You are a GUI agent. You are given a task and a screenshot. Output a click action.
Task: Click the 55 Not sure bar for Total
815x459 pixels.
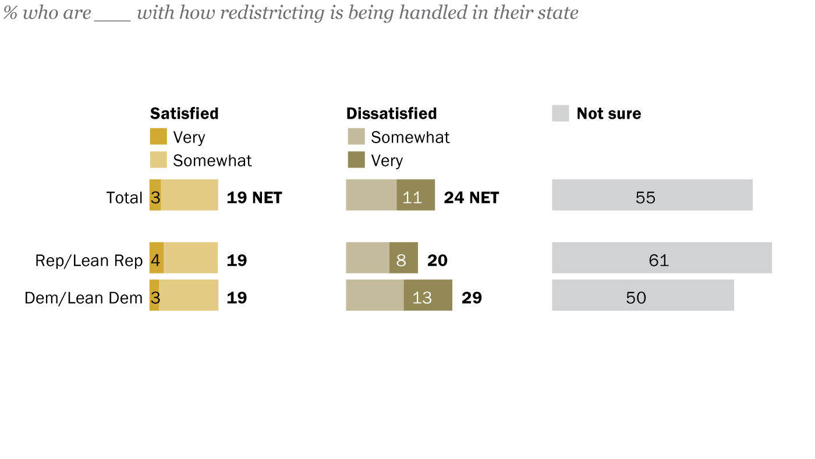(x=652, y=195)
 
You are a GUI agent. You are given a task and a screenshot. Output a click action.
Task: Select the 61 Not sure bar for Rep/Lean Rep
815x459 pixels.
(x=661, y=258)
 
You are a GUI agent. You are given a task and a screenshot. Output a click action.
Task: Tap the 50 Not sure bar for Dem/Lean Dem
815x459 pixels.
(x=643, y=295)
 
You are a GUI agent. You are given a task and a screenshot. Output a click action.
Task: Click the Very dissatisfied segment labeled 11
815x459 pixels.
(x=416, y=195)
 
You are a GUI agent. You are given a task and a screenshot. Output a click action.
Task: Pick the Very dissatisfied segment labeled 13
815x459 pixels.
(x=428, y=295)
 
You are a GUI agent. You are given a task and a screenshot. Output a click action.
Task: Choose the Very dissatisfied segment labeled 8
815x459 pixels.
(x=403, y=258)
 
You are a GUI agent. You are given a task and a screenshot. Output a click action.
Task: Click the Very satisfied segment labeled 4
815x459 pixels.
(x=156, y=258)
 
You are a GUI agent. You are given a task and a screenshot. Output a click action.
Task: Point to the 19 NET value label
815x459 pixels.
(x=254, y=198)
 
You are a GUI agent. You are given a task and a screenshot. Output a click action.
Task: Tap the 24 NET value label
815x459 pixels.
(x=471, y=198)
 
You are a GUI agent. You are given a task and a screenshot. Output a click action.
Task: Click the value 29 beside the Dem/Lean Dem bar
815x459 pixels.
(x=472, y=298)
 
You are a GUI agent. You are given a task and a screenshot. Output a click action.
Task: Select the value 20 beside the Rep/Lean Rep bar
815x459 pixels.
(x=437, y=261)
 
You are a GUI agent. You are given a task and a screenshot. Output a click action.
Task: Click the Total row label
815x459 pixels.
(x=124, y=198)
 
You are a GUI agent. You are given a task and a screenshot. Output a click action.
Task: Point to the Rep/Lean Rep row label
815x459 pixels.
(x=88, y=261)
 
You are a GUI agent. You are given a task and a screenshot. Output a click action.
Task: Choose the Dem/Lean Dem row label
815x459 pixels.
(x=83, y=298)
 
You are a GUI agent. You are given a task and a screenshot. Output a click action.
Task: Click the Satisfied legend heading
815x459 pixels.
(x=184, y=113)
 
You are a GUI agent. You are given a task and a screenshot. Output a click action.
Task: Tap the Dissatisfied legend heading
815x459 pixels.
(x=391, y=113)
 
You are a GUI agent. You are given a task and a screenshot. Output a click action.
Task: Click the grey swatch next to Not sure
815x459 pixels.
(x=560, y=113)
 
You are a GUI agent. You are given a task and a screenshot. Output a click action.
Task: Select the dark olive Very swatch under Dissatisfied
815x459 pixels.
(x=356, y=160)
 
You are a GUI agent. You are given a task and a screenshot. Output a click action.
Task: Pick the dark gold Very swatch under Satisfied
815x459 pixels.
(x=158, y=137)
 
